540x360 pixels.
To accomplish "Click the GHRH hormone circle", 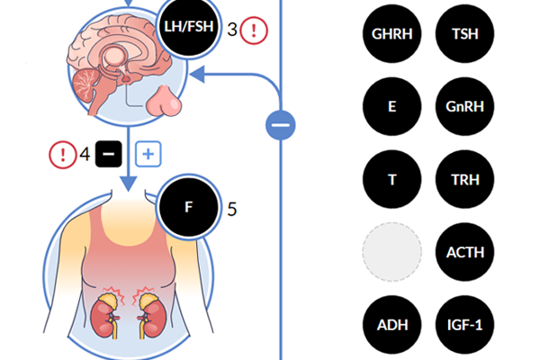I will tap(391, 35).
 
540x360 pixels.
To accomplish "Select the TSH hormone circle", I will tap(464, 35).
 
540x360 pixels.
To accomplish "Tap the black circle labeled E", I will tap(391, 106).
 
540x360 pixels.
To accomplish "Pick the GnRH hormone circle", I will tap(464, 106).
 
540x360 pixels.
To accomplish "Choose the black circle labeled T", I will tap(391, 178).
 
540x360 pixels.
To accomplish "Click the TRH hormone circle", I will tap(464, 178).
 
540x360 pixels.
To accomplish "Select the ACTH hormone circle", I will tap(464, 251).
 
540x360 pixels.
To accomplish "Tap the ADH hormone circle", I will tap(391, 323).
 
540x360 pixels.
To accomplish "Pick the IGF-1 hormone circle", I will tap(464, 323).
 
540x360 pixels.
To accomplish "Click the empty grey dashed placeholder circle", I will tap(391, 251).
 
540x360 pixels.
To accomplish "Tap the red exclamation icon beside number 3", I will tap(255, 31).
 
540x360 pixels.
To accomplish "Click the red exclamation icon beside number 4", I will tap(62, 155).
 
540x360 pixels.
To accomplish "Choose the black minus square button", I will tap(108, 155).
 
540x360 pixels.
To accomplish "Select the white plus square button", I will tap(148, 155).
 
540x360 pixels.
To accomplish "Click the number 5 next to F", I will tap(232, 209).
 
